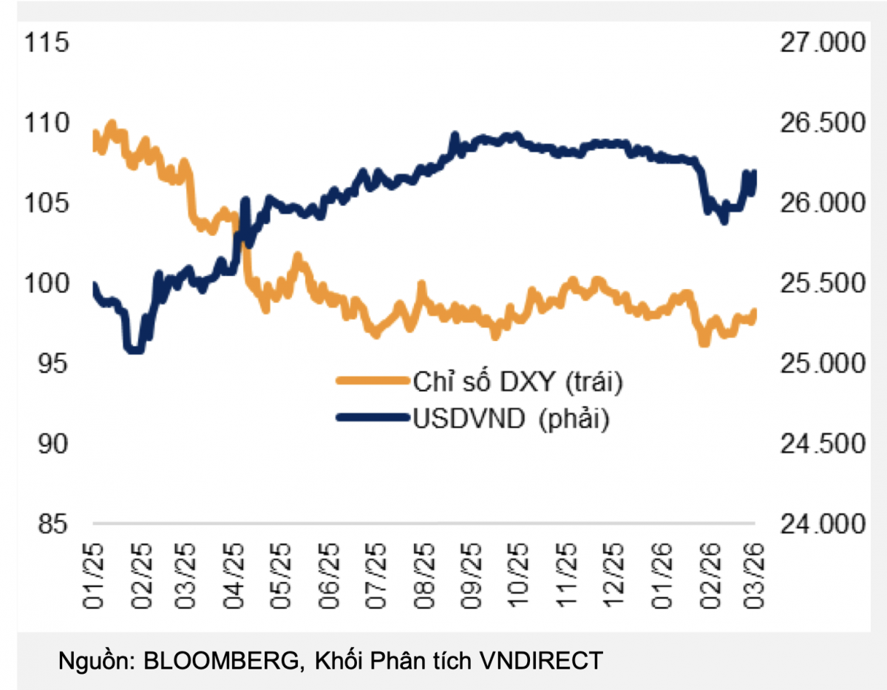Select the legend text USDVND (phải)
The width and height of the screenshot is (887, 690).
click(511, 419)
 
